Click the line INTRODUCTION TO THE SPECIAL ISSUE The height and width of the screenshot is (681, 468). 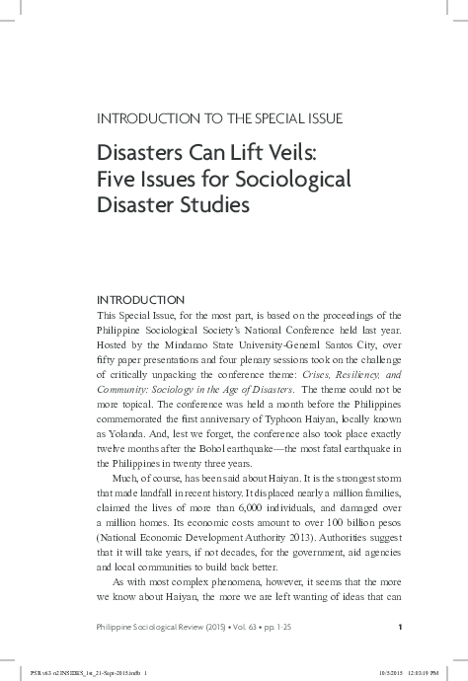tap(218, 119)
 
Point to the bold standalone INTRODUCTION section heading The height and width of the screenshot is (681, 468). tap(140, 299)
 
